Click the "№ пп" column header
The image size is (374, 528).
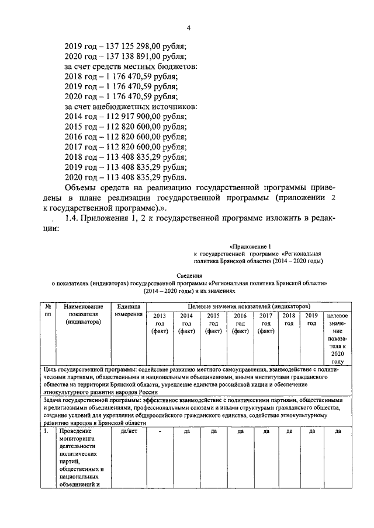pyautogui.click(x=47, y=310)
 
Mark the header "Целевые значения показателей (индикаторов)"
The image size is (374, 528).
pyautogui.click(x=248, y=306)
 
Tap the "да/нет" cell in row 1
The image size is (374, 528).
pyautogui.click(x=128, y=432)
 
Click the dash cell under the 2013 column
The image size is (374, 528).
pyautogui.click(x=160, y=432)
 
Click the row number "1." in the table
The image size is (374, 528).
pyautogui.click(x=47, y=432)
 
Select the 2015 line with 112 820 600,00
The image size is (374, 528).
pyautogui.click(x=125, y=127)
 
